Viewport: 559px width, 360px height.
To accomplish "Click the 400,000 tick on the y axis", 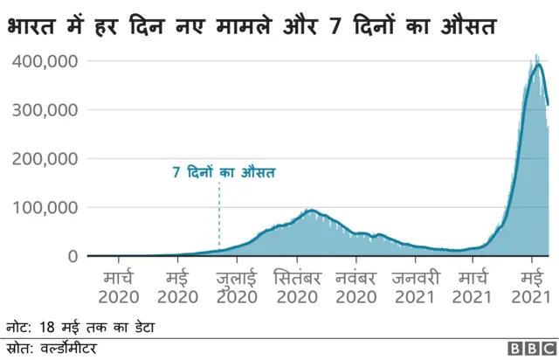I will [45, 62].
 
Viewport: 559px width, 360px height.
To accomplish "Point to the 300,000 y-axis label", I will [45, 110].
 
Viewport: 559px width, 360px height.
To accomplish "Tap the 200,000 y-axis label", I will [45, 159].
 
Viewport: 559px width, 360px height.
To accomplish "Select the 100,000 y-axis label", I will [45, 208].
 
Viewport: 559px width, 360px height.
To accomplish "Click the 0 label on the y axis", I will [72, 256].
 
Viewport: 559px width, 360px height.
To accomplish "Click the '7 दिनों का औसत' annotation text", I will [223, 173].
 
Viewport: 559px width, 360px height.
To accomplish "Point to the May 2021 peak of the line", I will [540, 65].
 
